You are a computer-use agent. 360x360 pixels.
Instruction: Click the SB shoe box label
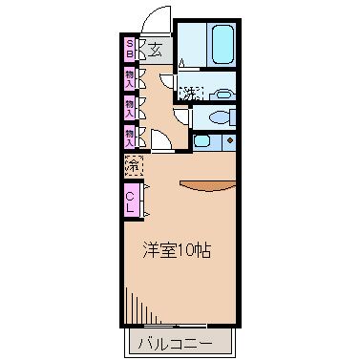click(x=129, y=48)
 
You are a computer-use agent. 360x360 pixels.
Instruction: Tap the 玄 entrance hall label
click(x=155, y=50)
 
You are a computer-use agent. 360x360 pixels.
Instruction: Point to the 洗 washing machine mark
click(x=190, y=94)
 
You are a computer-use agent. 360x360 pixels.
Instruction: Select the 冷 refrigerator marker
click(x=133, y=165)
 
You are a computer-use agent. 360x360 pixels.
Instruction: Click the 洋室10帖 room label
click(x=179, y=250)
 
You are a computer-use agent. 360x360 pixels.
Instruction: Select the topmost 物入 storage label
click(x=129, y=77)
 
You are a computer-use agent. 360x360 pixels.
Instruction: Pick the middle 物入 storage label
click(x=129, y=106)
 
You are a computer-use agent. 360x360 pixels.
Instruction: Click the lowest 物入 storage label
click(x=129, y=136)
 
